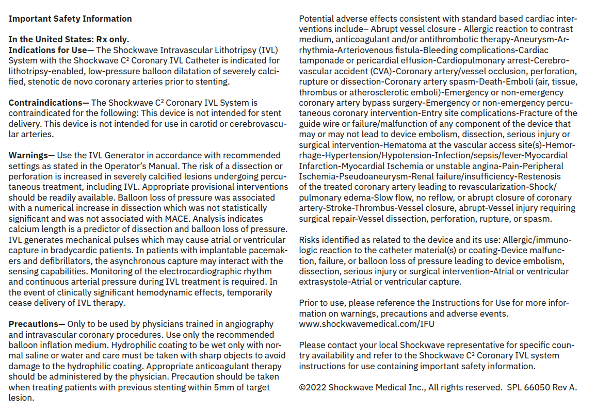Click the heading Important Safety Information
pyautogui.click(x=70, y=19)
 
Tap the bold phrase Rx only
pyautogui.click(x=112, y=39)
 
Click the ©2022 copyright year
pyautogui.click(x=313, y=387)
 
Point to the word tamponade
pyautogui.click(x=319, y=61)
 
